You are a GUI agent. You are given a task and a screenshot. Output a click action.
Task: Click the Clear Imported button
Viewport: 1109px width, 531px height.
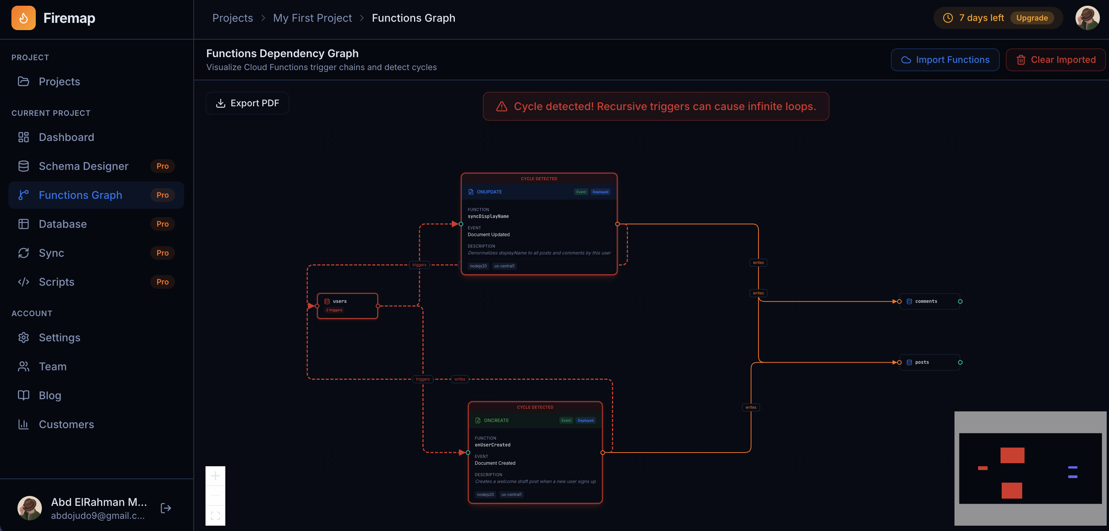click(1056, 60)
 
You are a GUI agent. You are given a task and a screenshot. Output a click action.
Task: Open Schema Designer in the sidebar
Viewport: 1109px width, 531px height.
click(83, 166)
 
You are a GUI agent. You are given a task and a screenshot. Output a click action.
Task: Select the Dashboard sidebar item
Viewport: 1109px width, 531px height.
click(66, 137)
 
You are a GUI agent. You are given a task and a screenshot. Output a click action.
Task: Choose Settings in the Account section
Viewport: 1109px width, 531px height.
click(59, 337)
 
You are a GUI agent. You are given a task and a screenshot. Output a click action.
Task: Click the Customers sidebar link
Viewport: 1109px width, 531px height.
click(66, 425)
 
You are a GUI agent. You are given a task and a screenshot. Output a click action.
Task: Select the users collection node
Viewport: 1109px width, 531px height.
click(347, 305)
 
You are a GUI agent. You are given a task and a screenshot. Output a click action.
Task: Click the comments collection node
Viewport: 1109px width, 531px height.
click(929, 301)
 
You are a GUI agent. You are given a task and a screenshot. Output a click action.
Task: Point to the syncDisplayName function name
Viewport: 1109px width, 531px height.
click(488, 216)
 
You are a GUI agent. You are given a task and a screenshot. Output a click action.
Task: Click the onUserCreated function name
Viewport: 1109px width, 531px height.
click(492, 445)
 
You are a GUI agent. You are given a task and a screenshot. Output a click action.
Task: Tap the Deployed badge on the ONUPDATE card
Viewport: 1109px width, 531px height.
click(600, 192)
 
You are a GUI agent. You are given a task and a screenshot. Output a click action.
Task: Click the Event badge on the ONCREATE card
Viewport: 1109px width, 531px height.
click(566, 420)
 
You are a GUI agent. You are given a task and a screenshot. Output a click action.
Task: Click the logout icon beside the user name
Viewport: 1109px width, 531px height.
click(166, 508)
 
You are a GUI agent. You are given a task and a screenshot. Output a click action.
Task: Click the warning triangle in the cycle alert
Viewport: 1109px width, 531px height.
click(502, 106)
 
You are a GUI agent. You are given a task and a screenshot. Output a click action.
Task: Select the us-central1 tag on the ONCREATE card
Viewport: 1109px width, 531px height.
click(511, 494)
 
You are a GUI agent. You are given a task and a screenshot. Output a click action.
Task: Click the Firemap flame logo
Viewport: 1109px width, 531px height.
click(24, 18)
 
